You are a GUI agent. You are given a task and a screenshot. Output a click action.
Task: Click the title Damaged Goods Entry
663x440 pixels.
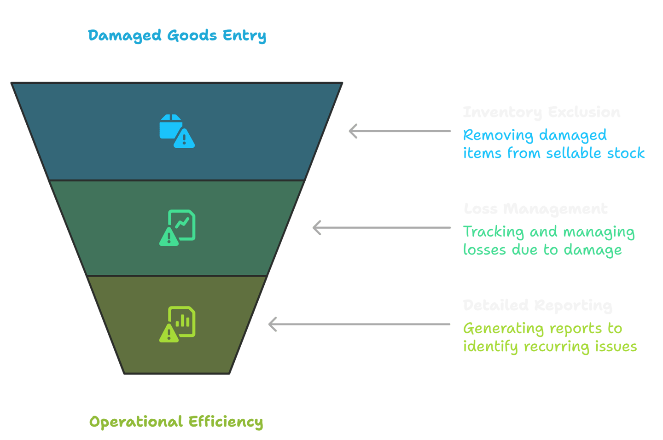[x=177, y=35]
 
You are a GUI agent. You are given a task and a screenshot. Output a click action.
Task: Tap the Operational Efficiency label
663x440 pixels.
[x=176, y=422]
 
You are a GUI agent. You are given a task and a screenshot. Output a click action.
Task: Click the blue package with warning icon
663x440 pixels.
[x=177, y=131]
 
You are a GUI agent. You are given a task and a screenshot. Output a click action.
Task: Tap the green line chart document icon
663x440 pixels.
[x=177, y=227]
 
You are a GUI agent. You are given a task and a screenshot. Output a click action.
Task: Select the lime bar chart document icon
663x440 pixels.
[x=177, y=324]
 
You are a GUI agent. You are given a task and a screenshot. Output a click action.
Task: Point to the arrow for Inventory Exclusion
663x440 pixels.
[x=399, y=131]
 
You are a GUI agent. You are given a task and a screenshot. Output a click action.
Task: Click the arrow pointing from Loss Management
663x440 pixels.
[x=381, y=228]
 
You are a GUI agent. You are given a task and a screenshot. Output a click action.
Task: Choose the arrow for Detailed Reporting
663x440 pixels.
[x=359, y=324]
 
